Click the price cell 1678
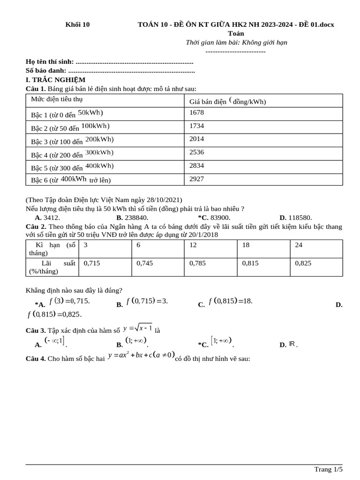[x=196, y=112]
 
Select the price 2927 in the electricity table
[x=196, y=179]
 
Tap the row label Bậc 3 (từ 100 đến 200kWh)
[x=73, y=140]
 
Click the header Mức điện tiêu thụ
[x=57, y=99]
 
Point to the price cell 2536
[x=196, y=152]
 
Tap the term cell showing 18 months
[x=246, y=245]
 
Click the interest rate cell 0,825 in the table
[x=303, y=263]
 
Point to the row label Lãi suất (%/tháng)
[x=52, y=267]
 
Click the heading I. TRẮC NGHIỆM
[x=55, y=80]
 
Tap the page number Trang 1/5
[x=328, y=469]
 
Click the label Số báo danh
[x=46, y=71]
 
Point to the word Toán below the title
[x=236, y=33]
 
